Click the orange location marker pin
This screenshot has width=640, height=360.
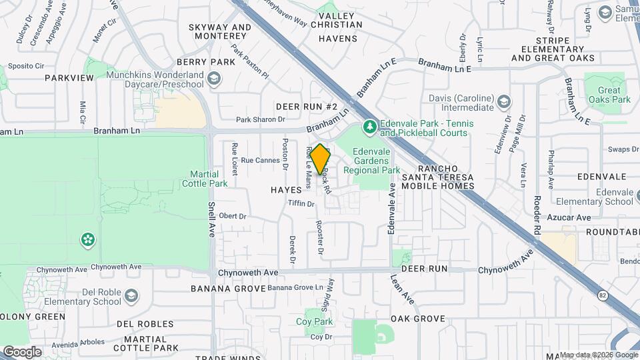(x=321, y=159)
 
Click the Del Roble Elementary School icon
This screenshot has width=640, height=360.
(x=131, y=295)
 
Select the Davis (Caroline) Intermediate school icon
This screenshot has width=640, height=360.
(x=505, y=102)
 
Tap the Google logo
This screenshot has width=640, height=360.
(x=22, y=351)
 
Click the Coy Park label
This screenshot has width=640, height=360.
(x=314, y=322)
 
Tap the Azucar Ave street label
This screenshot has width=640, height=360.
(x=574, y=217)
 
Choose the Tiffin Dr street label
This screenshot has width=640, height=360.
(x=301, y=203)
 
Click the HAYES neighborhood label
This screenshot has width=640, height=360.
(x=286, y=190)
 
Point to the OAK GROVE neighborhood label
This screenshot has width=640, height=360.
(x=417, y=319)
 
